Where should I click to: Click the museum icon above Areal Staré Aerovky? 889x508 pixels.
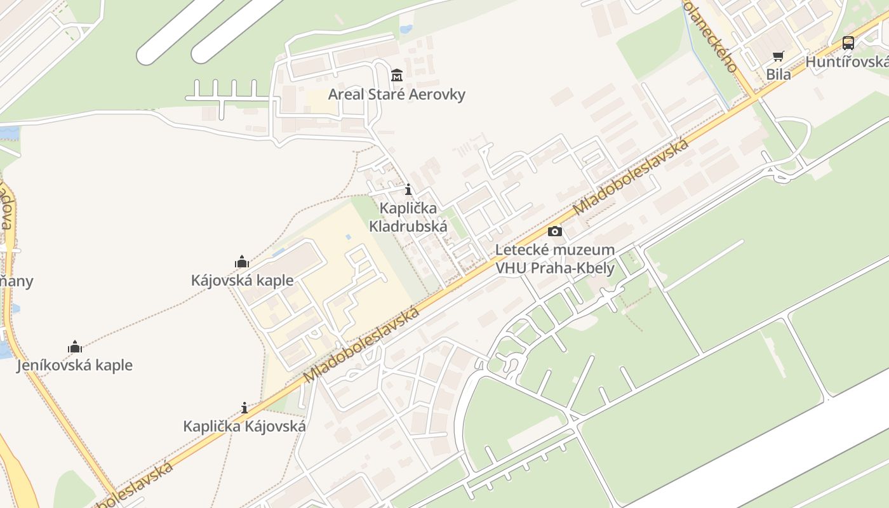(397, 75)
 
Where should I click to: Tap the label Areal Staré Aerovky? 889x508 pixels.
(397, 95)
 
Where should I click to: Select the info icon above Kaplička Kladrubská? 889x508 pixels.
(408, 189)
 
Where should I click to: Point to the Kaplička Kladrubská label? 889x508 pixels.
(408, 217)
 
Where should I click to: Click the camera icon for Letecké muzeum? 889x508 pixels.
(555, 232)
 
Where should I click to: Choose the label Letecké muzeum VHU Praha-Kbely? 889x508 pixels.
(555, 259)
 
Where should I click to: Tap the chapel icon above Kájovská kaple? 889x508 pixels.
(242, 262)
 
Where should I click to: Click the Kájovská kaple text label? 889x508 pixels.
(242, 280)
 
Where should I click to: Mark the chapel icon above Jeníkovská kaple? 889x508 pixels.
(75, 347)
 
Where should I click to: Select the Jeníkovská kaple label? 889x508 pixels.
(75, 365)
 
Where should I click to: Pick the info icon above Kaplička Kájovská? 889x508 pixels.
(244, 408)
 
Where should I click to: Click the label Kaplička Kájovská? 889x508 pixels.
(244, 426)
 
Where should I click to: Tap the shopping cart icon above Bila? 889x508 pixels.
(779, 56)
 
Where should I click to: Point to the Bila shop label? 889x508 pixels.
(779, 74)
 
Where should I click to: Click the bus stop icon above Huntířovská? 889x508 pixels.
(848, 43)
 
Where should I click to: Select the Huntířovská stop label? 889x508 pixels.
(847, 62)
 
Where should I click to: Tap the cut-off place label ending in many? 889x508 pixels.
(17, 281)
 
